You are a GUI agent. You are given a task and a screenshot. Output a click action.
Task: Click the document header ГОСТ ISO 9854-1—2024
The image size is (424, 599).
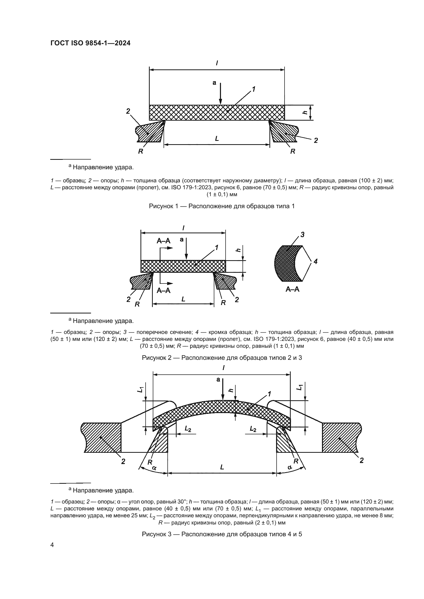[x=90, y=43]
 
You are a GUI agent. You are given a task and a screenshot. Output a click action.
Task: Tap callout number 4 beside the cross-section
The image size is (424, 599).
[x=316, y=261]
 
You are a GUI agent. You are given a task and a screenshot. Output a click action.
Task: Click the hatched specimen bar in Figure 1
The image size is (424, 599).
[x=217, y=112]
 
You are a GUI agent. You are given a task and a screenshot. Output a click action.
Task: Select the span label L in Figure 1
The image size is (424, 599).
[x=217, y=139]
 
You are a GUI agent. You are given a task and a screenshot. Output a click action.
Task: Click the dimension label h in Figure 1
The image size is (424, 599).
[x=305, y=112]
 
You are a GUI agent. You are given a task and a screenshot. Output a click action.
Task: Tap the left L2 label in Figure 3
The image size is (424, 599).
[x=188, y=429]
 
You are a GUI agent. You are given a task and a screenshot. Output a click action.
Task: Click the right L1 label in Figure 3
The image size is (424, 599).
[x=300, y=388]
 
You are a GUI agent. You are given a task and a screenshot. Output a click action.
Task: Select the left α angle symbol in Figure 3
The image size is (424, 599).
[x=154, y=468]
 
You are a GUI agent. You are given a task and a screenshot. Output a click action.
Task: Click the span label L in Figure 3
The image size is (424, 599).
[x=222, y=467]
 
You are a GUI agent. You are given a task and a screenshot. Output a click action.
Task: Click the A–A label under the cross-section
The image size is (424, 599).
[x=292, y=289]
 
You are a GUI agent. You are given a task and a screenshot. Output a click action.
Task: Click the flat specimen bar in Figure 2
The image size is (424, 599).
[x=183, y=266]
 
